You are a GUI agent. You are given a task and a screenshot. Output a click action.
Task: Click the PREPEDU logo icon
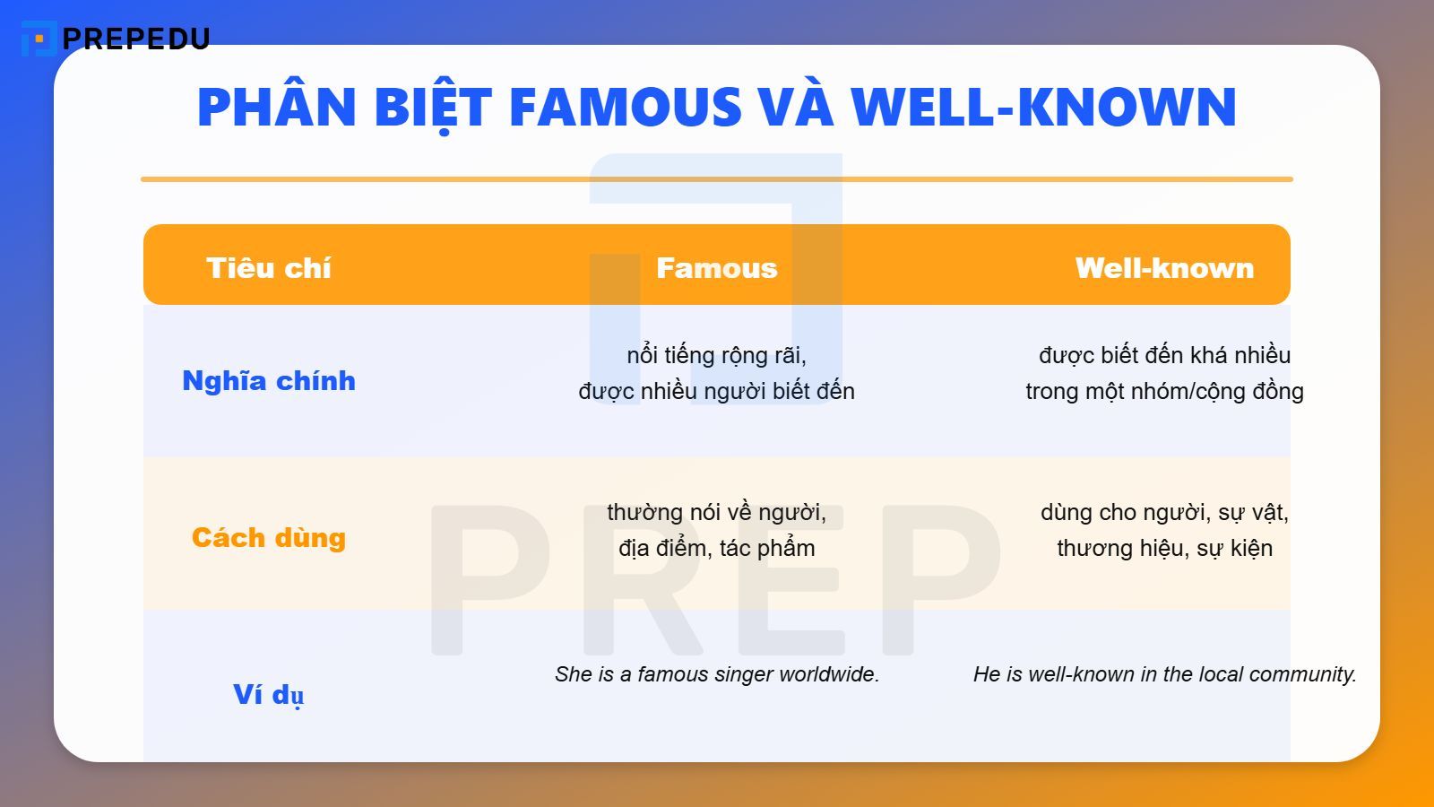click(38, 39)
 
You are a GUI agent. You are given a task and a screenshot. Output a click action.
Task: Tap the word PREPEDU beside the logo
click(136, 39)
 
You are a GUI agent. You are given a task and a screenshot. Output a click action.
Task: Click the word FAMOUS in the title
click(626, 107)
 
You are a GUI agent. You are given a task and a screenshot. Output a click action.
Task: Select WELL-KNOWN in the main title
click(1044, 107)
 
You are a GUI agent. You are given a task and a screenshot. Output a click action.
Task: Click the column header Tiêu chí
click(269, 267)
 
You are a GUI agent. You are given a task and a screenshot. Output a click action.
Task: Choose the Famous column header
click(717, 267)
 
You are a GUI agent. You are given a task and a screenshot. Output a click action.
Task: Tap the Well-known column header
click(1164, 267)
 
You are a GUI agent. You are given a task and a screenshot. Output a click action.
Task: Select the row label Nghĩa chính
click(269, 381)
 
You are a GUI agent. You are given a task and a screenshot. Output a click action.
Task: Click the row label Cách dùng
click(269, 537)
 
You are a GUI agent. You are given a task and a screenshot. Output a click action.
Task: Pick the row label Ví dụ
click(269, 695)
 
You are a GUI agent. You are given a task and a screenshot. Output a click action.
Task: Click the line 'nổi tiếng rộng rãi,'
click(717, 355)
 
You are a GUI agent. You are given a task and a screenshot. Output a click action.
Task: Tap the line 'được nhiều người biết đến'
click(717, 391)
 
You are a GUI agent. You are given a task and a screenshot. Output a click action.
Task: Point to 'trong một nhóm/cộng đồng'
click(1164, 391)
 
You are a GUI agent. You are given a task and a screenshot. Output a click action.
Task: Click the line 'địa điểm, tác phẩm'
click(717, 548)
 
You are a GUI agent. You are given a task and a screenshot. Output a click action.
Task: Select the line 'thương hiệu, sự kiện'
click(1164, 548)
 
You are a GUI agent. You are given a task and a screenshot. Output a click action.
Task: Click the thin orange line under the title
click(717, 179)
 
